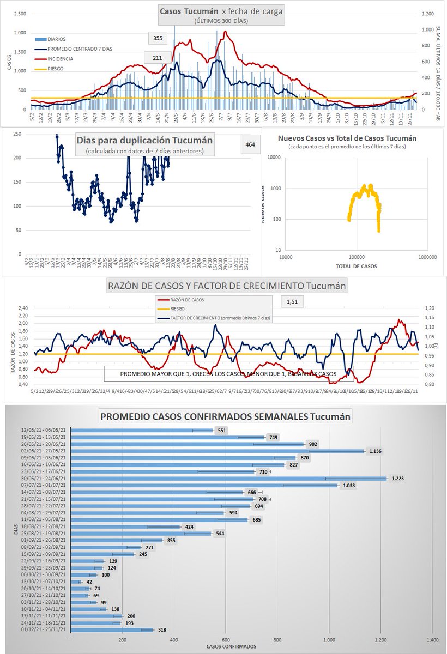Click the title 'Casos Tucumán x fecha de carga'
(x=221, y=12)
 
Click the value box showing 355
(x=158, y=38)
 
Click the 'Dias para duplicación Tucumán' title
(x=144, y=140)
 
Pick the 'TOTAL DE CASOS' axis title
(x=356, y=266)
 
